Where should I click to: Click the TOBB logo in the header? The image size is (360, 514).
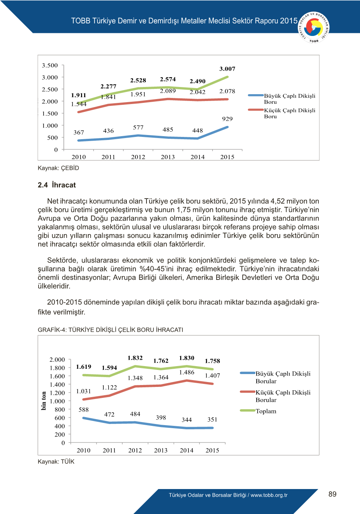tap(314, 27)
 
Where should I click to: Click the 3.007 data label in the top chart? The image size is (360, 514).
tap(227, 69)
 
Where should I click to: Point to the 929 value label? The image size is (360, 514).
tap(227, 119)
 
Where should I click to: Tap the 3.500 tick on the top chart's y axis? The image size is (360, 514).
tap(50, 65)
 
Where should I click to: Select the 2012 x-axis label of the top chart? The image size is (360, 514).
tap(138, 157)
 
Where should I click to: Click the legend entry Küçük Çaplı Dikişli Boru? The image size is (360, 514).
tap(289, 113)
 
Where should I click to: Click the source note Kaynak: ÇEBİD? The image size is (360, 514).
tap(58, 168)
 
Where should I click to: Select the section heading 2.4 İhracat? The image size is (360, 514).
tap(57, 185)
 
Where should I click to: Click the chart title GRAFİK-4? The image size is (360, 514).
tap(110, 330)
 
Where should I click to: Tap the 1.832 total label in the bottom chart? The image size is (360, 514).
tap(135, 358)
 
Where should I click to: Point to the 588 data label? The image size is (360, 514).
tap(84, 410)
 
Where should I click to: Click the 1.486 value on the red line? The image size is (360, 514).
tap(187, 373)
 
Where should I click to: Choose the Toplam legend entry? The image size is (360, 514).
tap(266, 411)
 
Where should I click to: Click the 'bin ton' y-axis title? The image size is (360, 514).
tap(44, 401)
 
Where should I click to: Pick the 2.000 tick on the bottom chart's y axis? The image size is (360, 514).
tap(57, 360)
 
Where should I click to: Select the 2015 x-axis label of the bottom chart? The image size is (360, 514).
tap(212, 450)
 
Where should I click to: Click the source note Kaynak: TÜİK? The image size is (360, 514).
tap(56, 461)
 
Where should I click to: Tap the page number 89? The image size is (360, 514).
tap(332, 494)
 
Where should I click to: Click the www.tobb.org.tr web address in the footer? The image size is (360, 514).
tap(269, 495)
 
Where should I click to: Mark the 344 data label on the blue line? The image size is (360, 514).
tap(187, 420)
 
